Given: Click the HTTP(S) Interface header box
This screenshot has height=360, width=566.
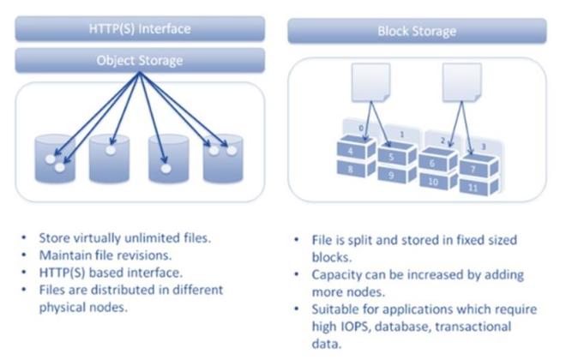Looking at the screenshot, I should coord(140,28).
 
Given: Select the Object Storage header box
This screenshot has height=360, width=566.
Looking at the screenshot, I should coord(140,60).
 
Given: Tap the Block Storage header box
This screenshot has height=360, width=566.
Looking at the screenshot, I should coord(417,32).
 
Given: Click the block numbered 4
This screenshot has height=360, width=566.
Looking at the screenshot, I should coord(352,152).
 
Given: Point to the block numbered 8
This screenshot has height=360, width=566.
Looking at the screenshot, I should coord(352,170).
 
